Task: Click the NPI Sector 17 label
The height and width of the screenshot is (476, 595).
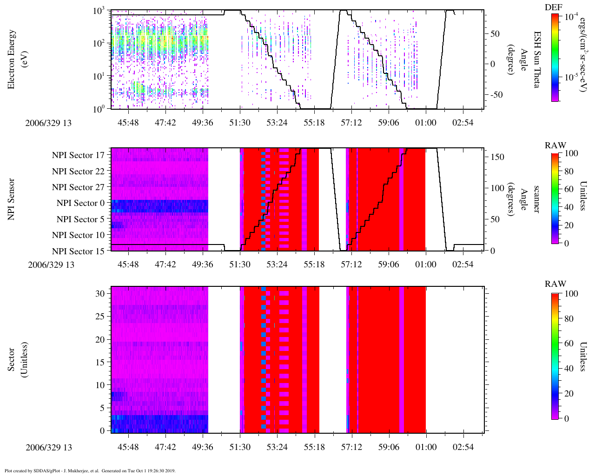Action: click(x=78, y=155)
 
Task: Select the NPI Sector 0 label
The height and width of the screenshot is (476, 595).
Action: click(x=80, y=203)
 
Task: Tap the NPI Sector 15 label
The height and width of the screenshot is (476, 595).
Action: click(x=78, y=251)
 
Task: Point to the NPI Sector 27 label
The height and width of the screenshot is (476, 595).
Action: click(x=78, y=187)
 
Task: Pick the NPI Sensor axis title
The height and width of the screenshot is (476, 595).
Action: click(x=12, y=199)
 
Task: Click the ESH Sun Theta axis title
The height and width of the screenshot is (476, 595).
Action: click(x=537, y=59)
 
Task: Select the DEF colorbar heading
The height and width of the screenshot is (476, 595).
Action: click(x=554, y=7)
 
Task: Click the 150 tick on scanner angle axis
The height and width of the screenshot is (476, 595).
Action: click(x=497, y=157)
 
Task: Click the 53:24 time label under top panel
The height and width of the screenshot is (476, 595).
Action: click(x=277, y=122)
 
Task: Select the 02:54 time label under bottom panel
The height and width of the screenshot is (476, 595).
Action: click(x=463, y=447)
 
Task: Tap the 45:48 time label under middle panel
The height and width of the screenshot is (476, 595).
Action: click(x=128, y=264)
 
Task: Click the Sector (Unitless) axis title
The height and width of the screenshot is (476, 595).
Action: click(x=18, y=360)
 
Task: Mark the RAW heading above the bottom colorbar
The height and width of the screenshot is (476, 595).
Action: click(x=555, y=284)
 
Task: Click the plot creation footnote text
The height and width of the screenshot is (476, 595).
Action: click(x=90, y=470)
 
